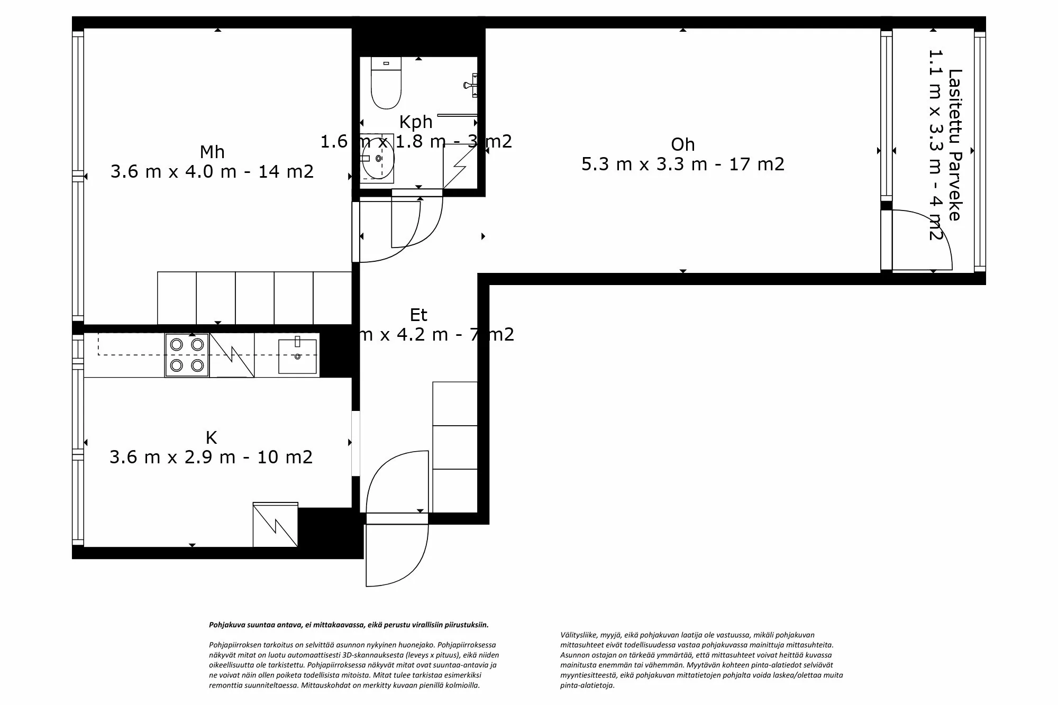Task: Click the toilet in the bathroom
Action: pos(386,85)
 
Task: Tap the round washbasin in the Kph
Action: pos(378,158)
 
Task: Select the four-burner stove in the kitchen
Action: pos(187,355)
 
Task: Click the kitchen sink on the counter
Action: pos(297,356)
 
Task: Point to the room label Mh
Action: pos(212,152)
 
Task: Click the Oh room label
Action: pos(682,144)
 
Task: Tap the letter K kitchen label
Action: pos(211,438)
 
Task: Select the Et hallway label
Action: pos(418,315)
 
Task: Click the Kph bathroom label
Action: pos(416,122)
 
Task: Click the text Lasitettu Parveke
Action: pos(955,145)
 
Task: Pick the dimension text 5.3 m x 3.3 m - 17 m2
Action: pos(682,164)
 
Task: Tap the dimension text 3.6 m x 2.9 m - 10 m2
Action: pos(211,457)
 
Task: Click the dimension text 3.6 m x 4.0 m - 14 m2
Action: pos(212,172)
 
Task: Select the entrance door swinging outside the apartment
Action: pos(397,555)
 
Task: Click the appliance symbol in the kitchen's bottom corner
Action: pos(275,525)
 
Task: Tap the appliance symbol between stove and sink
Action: pos(232,355)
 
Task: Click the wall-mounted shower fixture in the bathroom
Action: pos(472,85)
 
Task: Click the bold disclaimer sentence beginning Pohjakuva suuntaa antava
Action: pos(349,625)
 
